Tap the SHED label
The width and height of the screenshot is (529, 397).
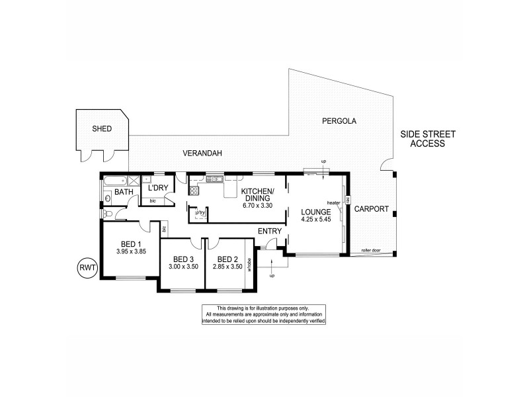click(x=102, y=129)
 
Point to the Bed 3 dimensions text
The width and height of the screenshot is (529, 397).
click(x=183, y=267)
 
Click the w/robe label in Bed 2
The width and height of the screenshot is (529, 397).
click(x=249, y=265)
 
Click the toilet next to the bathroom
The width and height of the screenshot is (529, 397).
click(x=108, y=214)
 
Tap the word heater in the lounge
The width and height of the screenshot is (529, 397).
click(x=333, y=202)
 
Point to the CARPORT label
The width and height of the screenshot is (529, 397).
click(x=371, y=208)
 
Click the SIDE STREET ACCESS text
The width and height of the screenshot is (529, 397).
click(x=427, y=138)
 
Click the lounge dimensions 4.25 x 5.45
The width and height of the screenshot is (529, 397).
click(x=316, y=219)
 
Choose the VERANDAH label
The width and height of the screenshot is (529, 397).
click(x=202, y=153)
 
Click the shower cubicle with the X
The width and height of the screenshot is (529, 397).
click(x=134, y=179)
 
